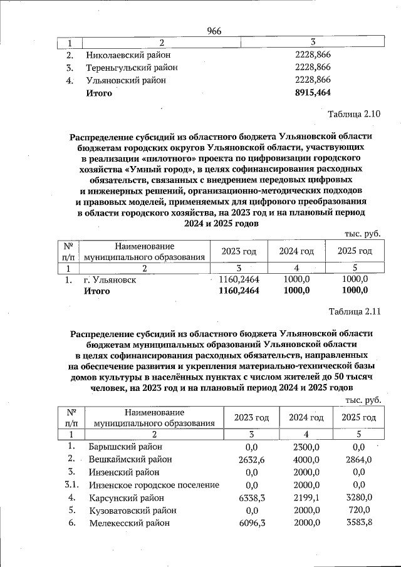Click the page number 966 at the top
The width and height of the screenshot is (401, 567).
pyautogui.click(x=214, y=31)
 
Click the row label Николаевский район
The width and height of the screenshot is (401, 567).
pyautogui.click(x=132, y=55)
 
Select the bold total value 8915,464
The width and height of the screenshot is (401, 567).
pyautogui.click(x=312, y=93)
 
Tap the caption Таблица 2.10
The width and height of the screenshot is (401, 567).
pyautogui.click(x=354, y=113)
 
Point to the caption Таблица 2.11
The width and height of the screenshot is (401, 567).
pyautogui.click(x=354, y=311)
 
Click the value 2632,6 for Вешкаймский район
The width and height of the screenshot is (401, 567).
pyautogui.click(x=252, y=459)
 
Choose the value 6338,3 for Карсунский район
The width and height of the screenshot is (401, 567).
pyautogui.click(x=252, y=497)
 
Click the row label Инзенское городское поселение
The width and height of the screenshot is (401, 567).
pyautogui.click(x=154, y=485)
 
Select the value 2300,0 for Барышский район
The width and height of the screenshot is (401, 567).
pyautogui.click(x=306, y=447)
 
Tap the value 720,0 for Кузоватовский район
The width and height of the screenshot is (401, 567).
pyautogui.click(x=359, y=510)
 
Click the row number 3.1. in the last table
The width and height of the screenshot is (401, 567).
pyautogui.click(x=71, y=485)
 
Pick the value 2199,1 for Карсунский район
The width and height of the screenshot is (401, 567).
pyautogui.click(x=306, y=497)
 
